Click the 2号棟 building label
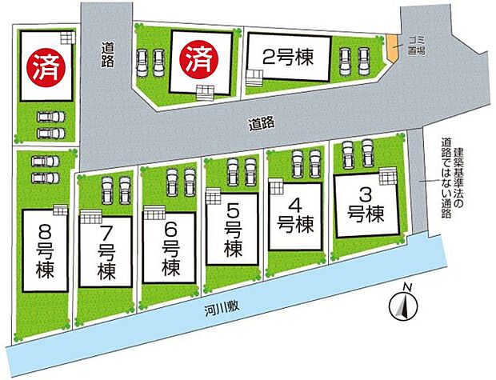pos(286,58)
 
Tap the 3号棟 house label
pos(367,204)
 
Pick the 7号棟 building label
pos(107,249)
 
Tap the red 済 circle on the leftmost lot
pos(45,64)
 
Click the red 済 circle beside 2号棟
pos(197,58)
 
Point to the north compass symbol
pos(405,304)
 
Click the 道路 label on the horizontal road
pos(262,123)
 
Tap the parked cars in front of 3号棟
pos(358,154)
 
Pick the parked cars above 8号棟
pos(45,169)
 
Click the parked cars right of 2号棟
pos(354,61)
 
